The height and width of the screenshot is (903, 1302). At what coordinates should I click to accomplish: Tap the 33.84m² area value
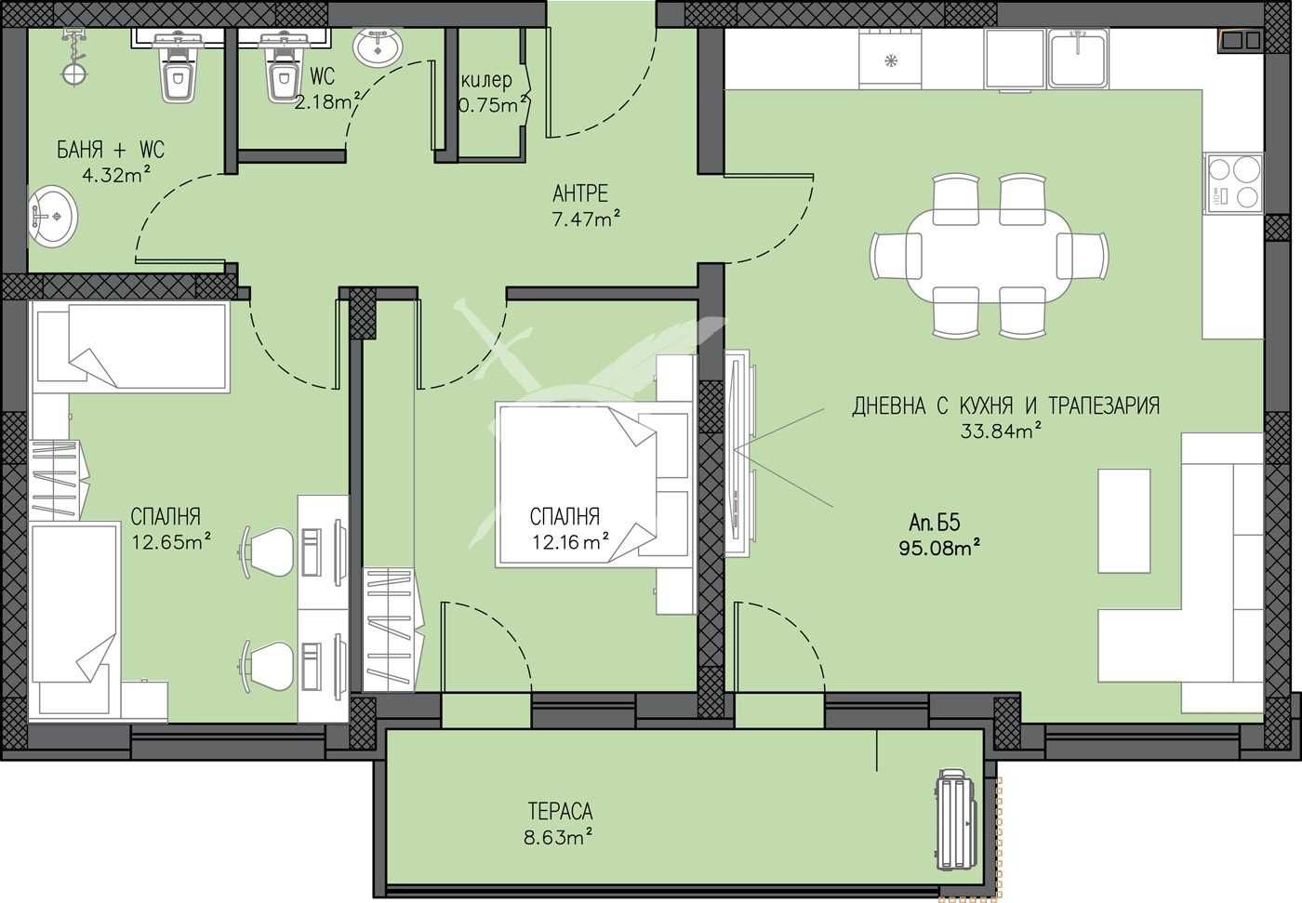click(1000, 430)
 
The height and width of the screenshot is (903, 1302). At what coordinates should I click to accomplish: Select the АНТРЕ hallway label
click(580, 193)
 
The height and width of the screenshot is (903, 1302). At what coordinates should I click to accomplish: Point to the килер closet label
click(486, 81)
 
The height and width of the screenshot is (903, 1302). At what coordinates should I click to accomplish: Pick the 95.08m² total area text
click(940, 548)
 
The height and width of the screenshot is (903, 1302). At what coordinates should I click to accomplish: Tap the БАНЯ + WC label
click(111, 150)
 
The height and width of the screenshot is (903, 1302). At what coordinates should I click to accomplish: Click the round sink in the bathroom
click(54, 217)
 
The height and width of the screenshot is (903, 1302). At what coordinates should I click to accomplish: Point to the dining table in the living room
click(990, 255)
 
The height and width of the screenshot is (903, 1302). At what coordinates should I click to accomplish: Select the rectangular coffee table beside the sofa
click(1123, 521)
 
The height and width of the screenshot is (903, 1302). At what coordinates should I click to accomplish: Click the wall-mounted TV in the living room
click(737, 453)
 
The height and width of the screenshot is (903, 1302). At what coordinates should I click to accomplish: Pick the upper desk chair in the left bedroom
click(270, 545)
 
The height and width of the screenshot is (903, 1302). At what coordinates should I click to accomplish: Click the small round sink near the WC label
click(378, 46)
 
